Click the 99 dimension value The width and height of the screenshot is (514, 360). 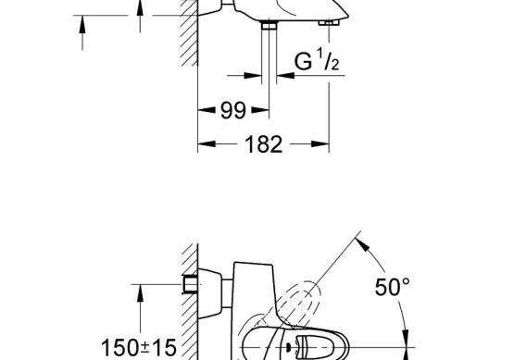[232, 110]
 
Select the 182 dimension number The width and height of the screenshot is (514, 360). [264, 144]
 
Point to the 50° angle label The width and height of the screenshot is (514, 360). [392, 287]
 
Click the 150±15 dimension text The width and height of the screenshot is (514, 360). [139, 347]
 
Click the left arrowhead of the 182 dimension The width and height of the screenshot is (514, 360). [207, 143]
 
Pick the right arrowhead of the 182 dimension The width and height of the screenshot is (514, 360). [320, 143]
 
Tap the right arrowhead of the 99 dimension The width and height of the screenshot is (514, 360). [260, 110]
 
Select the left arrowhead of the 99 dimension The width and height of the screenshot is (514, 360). [207, 110]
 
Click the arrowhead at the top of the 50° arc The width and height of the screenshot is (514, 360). [362, 244]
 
